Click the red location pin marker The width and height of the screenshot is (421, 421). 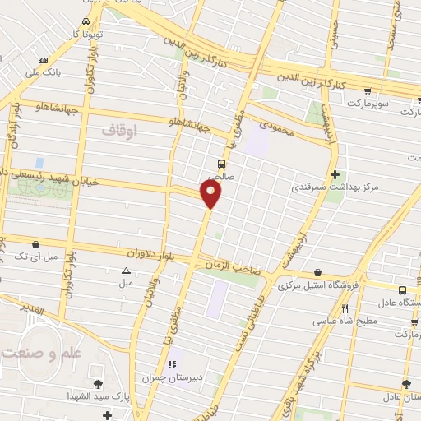pos(211,194)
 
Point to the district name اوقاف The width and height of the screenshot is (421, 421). pos(119,131)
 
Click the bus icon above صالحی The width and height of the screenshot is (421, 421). pos(221,163)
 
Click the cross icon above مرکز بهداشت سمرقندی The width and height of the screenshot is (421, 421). pos(335,174)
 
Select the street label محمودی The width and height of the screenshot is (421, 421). pos(277,127)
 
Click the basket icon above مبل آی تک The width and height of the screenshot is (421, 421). pos(36,244)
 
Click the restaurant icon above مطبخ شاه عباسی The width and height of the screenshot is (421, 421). pos(344,308)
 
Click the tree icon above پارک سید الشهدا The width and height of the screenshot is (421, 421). pos(99,384)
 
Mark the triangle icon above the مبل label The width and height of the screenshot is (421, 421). pos(126,271)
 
